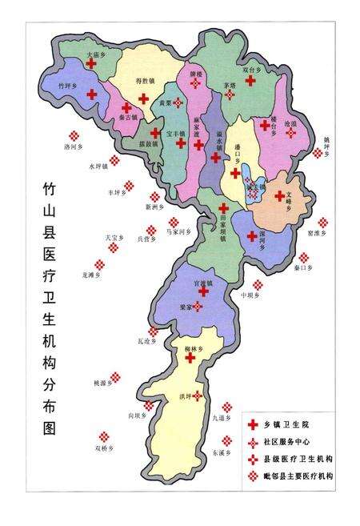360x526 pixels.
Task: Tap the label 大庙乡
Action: (x=97, y=54)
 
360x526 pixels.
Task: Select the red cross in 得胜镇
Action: (x=143, y=98)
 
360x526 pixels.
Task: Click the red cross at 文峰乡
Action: (x=279, y=195)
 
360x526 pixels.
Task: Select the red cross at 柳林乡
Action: (x=190, y=358)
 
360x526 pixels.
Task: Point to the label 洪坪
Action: (x=187, y=396)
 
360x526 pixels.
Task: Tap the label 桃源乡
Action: (x=102, y=384)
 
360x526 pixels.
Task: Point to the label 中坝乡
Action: (x=251, y=294)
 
